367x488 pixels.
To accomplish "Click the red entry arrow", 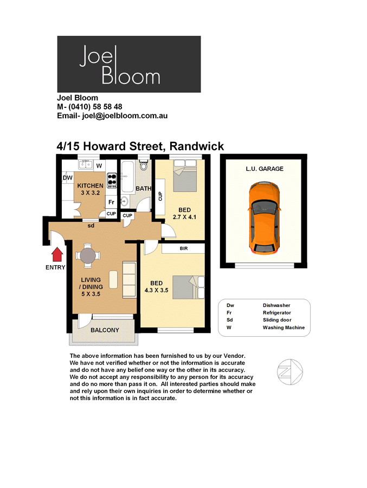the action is [x=57, y=254].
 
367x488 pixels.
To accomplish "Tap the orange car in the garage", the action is [x=264, y=219].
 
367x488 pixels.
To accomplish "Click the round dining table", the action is [x=88, y=255].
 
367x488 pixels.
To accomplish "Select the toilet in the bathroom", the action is [x=143, y=165].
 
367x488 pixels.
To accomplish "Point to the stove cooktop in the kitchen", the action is [x=112, y=181].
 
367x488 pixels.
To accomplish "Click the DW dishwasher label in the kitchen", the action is [x=68, y=178].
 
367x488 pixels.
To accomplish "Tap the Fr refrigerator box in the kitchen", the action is [x=111, y=202].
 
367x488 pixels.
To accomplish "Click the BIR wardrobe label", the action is [x=184, y=248].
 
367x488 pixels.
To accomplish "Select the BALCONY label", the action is [x=105, y=330].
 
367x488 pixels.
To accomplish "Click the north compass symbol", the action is [x=290, y=371].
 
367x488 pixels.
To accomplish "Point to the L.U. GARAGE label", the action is [x=265, y=169].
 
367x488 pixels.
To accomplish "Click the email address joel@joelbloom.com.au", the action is [x=125, y=116].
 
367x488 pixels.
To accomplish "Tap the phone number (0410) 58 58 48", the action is [x=95, y=107].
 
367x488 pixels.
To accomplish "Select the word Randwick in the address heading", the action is [x=197, y=146].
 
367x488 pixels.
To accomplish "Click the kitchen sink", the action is [x=85, y=164].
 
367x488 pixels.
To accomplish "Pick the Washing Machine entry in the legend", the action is [x=284, y=328].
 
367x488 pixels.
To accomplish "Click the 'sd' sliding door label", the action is [x=91, y=226].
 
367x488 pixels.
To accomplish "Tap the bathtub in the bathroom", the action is [x=127, y=176].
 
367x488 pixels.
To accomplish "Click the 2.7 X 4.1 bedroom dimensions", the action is [x=185, y=217].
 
